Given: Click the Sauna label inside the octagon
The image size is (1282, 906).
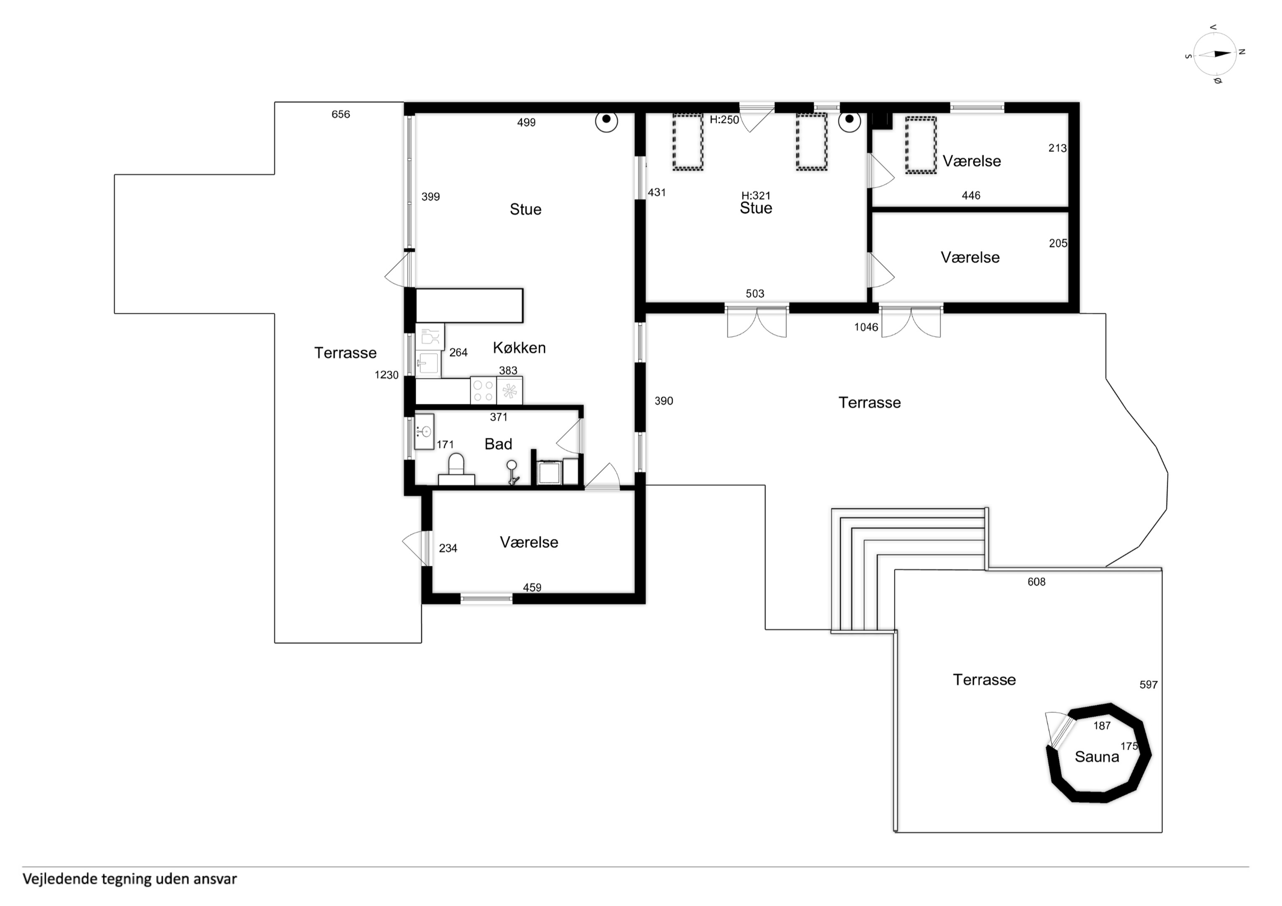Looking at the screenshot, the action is (x=1097, y=757).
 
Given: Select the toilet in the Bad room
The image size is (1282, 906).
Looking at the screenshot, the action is (x=456, y=469).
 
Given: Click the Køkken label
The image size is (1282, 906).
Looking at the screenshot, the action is (x=519, y=348).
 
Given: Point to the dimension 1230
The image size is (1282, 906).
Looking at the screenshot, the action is (x=386, y=375).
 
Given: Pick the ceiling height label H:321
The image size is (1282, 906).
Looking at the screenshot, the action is (x=755, y=195).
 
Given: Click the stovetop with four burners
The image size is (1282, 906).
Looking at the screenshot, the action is (x=483, y=390).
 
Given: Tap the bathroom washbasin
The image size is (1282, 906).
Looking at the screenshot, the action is (x=424, y=432).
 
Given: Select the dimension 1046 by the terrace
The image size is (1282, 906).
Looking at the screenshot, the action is (x=866, y=327).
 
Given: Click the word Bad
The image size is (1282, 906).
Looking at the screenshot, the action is (x=498, y=444).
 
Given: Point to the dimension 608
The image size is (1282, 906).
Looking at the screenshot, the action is (x=1037, y=582).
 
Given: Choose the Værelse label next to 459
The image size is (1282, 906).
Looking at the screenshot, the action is (x=529, y=542).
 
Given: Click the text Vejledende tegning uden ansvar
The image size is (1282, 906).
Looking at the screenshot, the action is (x=130, y=879).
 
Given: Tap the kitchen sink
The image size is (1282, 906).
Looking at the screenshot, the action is (x=428, y=363).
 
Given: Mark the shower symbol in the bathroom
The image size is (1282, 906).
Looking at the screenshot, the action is (x=512, y=472).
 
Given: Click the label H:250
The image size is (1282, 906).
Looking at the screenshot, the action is (x=724, y=120).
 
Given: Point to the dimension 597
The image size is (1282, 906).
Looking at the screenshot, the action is (x=1149, y=685).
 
